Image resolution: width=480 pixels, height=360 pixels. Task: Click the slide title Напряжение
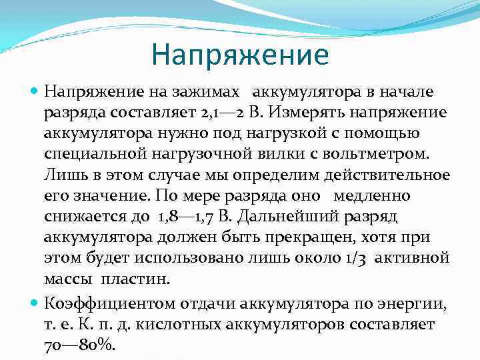[x=239, y=54]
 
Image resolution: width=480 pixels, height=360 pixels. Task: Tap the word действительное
[x=389, y=176]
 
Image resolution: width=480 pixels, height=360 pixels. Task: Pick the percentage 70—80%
[x=79, y=346]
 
